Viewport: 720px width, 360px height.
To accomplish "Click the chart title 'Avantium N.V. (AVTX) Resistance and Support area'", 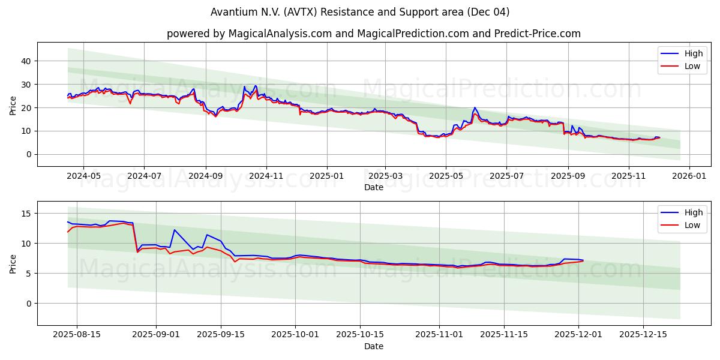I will coord(360,12).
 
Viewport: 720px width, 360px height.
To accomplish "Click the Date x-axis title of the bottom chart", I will coord(373,346).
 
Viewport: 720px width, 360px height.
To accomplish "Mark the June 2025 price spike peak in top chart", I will coord(475,108).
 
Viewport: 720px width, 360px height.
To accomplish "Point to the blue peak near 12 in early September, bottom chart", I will coord(175,230).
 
